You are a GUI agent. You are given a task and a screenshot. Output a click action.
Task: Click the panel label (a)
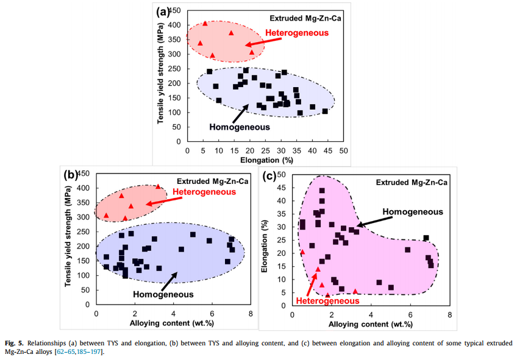tap(162, 12)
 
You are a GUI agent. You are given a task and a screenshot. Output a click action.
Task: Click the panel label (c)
tap(269, 177)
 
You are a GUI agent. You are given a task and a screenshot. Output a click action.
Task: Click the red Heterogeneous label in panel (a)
tap(297, 33)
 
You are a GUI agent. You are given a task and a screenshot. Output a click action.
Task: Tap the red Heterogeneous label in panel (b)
tap(204, 192)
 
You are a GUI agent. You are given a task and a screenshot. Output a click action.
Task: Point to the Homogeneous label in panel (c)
tap(413, 211)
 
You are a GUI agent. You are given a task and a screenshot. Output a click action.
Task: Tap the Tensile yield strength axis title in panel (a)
tap(160, 74)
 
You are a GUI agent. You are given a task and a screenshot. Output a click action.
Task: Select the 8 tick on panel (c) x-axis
tap(449, 315)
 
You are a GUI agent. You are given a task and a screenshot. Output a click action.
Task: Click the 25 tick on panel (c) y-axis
tap(281, 241)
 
